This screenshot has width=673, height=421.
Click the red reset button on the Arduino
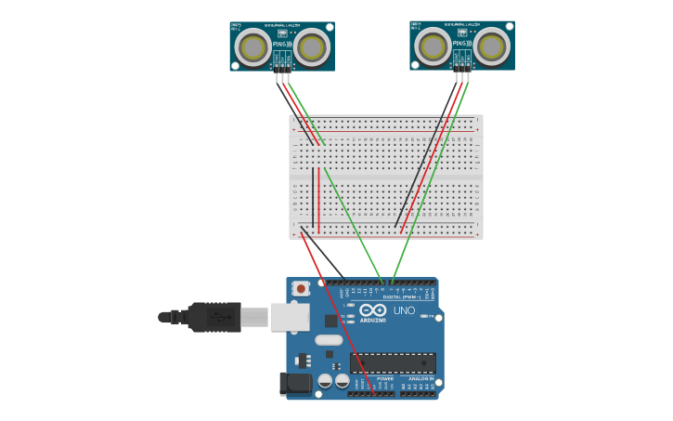(300, 289)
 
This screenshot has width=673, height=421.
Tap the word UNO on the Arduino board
(405, 310)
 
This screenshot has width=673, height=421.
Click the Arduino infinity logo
(373, 310)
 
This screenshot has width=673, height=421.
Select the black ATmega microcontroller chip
(393, 362)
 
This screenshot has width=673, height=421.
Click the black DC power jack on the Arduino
(294, 383)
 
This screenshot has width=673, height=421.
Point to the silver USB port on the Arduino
(290, 317)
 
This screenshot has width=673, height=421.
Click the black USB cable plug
(214, 317)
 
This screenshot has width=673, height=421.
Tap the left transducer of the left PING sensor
(252, 46)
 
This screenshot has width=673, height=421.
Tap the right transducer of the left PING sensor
(313, 46)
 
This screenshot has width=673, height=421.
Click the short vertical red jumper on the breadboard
(319, 200)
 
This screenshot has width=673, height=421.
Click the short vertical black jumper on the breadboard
(313, 200)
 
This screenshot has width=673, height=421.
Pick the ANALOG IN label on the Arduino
(419, 379)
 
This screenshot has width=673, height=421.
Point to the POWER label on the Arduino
(384, 379)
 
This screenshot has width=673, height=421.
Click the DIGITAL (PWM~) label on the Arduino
(400, 297)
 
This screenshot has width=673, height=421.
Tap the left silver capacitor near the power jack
(325, 381)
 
